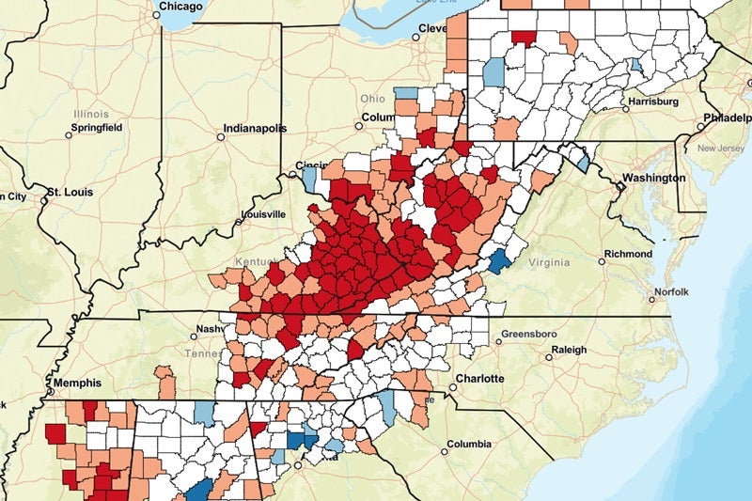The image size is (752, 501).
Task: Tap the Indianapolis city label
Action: point(254,129)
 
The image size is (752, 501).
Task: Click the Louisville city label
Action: point(263,214)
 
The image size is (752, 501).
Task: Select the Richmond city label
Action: point(628,254)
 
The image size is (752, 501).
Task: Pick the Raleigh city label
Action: point(569,350)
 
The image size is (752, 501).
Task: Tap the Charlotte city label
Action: point(479,379)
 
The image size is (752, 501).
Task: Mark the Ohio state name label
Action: point(372,99)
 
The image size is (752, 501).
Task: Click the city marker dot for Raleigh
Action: point(549,357)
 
